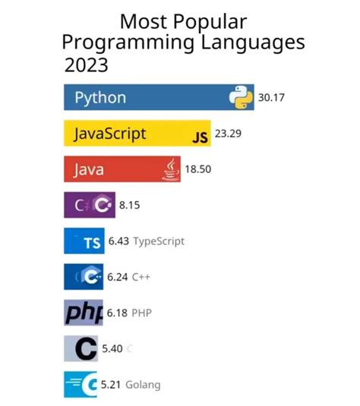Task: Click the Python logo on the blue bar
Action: point(241,98)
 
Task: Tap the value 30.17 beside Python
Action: point(271,98)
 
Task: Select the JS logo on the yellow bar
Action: point(199,137)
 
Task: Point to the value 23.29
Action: point(228,134)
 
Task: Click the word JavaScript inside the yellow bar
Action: point(110,134)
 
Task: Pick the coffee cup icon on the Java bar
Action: point(172,170)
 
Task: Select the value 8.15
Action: point(130,205)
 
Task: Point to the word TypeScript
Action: point(159,241)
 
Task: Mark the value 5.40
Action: point(112,348)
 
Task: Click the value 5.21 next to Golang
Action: point(113,384)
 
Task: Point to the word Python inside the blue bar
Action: point(100,98)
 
